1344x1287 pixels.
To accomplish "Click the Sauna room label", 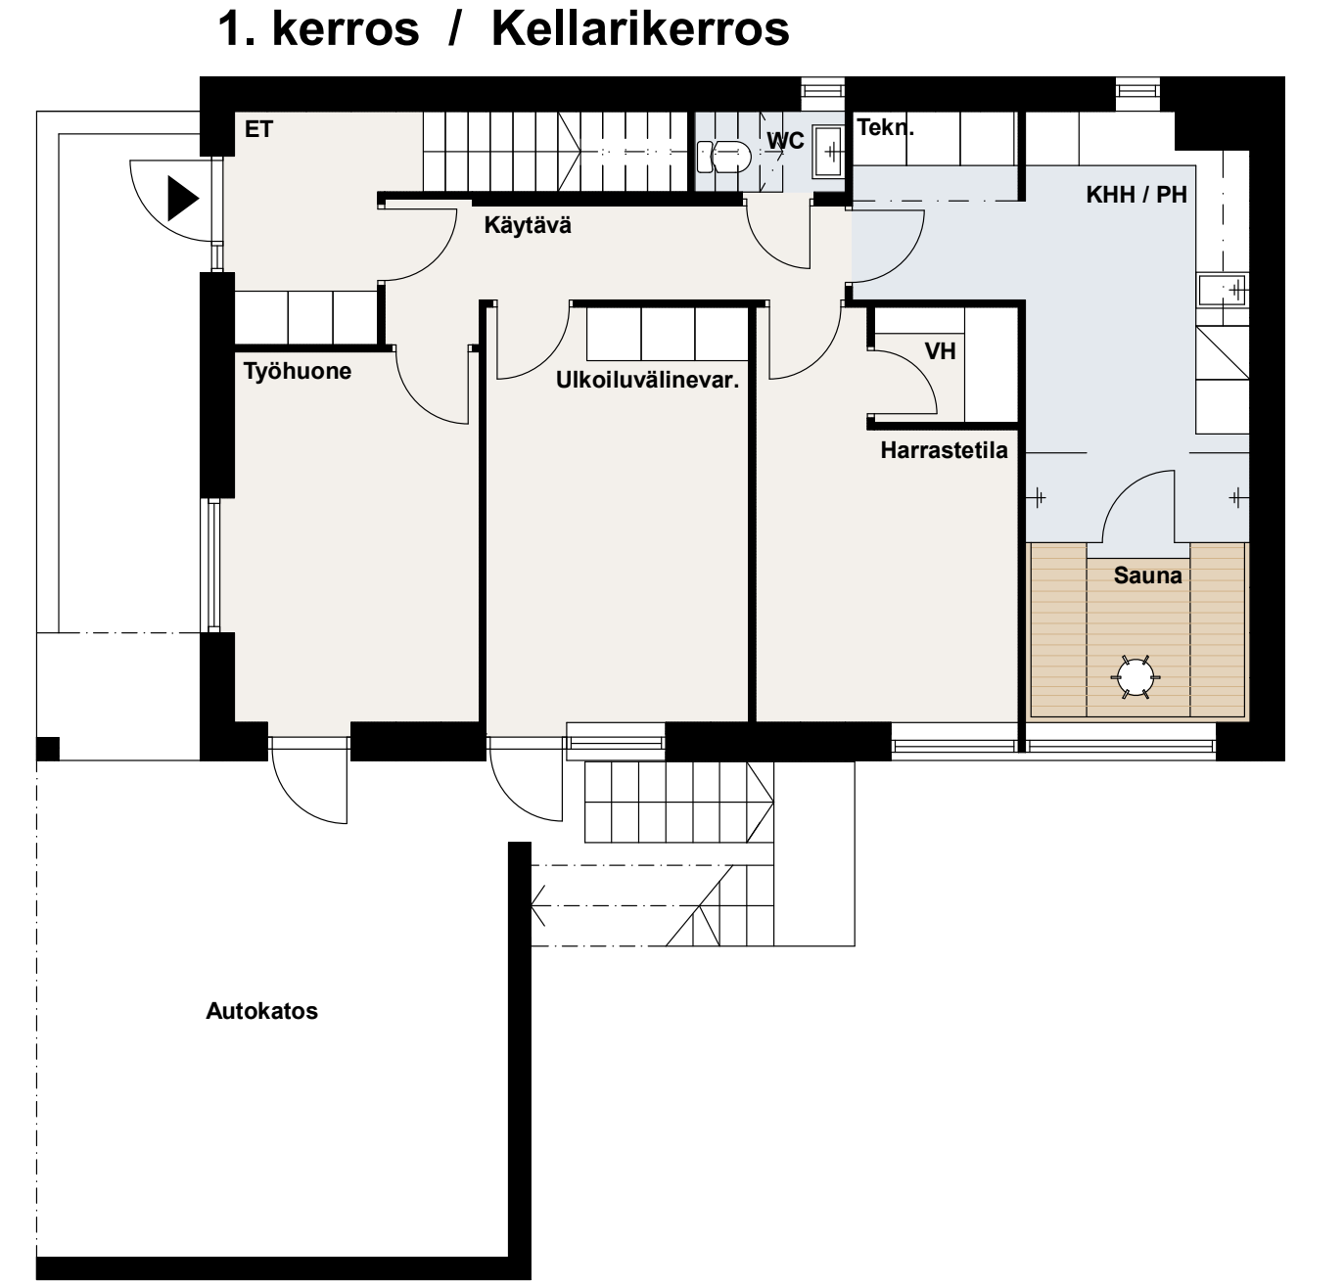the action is pyautogui.click(x=1147, y=575).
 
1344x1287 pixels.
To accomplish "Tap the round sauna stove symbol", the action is pyautogui.click(x=1135, y=676).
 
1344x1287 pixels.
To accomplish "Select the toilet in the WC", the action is pyautogui.click(x=723, y=157).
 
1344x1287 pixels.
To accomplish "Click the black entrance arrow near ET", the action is pyautogui.click(x=183, y=199).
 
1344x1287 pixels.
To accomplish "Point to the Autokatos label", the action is pyautogui.click(x=261, y=1011).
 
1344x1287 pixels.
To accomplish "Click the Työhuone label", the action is pyautogui.click(x=297, y=372).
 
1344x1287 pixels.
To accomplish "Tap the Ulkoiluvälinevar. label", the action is pyautogui.click(x=647, y=380).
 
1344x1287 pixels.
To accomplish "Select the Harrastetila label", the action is pyautogui.click(x=944, y=450).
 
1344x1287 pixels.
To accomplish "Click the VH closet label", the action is pyautogui.click(x=940, y=350).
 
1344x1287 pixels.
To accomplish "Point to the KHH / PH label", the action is pyautogui.click(x=1136, y=195).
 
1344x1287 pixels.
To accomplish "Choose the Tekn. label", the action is pyautogui.click(x=886, y=127).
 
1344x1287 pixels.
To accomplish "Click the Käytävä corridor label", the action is pyautogui.click(x=528, y=225).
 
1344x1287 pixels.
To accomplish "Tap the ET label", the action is pyautogui.click(x=259, y=129).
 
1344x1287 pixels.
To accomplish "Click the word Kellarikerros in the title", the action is pyautogui.click(x=640, y=29).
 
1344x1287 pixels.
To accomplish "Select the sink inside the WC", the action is pyautogui.click(x=827, y=151).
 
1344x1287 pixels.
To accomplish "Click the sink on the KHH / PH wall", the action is pyautogui.click(x=1223, y=290).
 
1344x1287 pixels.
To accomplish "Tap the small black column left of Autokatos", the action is pyautogui.click(x=48, y=749).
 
